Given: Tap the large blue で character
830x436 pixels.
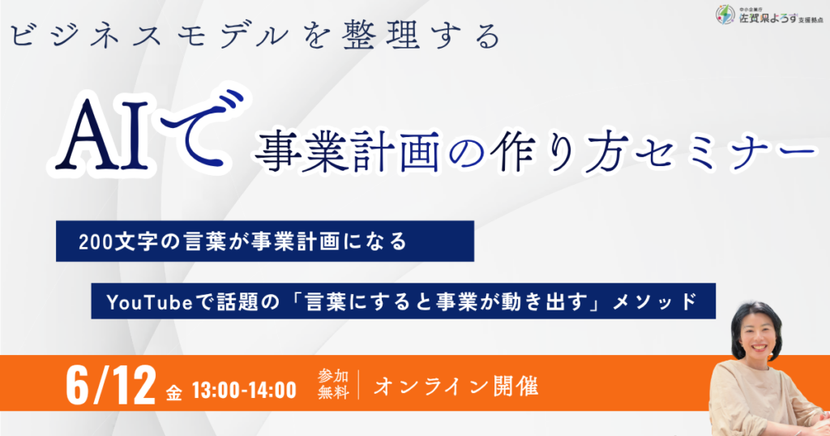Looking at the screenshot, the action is (x=196, y=129).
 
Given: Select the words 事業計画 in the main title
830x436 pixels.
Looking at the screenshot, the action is (x=347, y=152).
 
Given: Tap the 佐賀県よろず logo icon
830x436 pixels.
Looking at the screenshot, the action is (x=725, y=15).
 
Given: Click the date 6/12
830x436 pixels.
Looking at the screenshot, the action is (x=111, y=385).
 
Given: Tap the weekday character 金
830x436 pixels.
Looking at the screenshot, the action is (x=173, y=392).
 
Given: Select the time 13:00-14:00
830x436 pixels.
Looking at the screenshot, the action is (x=244, y=391).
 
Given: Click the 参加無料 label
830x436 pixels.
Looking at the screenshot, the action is (x=333, y=384).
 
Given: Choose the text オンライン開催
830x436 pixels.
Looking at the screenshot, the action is (x=456, y=387).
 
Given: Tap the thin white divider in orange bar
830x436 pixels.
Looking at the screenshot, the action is (x=358, y=384).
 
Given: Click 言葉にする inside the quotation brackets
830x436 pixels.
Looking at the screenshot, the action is (x=352, y=301).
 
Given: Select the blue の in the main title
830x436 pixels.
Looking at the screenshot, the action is (x=464, y=154).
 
